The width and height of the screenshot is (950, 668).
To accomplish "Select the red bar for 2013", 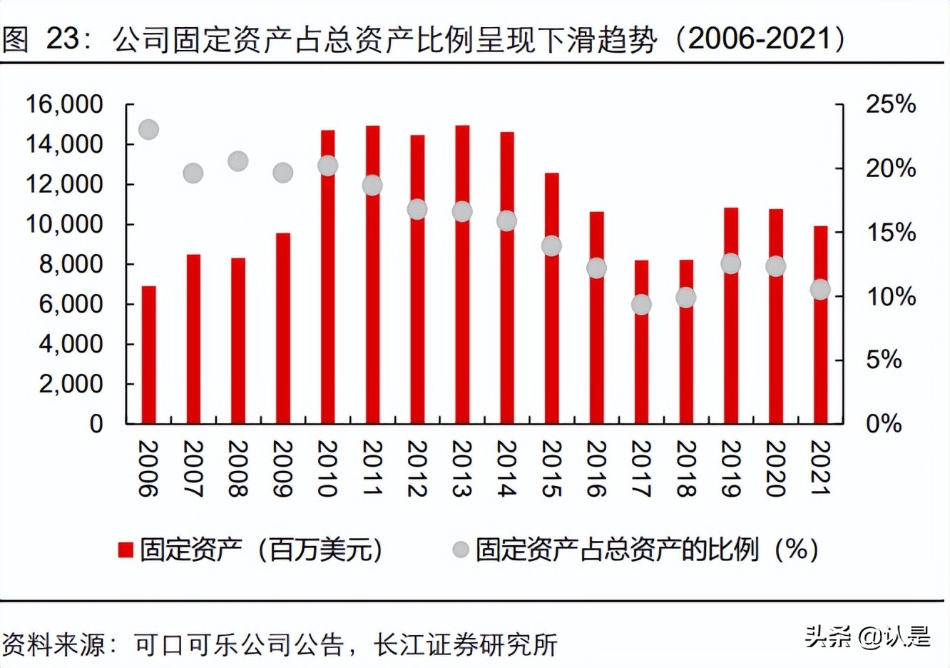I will pyautogui.click(x=462, y=275).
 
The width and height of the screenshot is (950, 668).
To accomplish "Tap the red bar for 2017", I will pyautogui.click(x=641, y=342).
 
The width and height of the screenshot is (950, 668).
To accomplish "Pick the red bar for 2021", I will pyautogui.click(x=820, y=325).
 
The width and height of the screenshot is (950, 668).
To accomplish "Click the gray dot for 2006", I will pyautogui.click(x=148, y=130).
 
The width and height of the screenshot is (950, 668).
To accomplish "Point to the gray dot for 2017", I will pyautogui.click(x=641, y=305).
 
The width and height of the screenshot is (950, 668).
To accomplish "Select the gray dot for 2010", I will pyautogui.click(x=327, y=166).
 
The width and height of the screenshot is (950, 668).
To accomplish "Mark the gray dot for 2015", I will pyautogui.click(x=551, y=246).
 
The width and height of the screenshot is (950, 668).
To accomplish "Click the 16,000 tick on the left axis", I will pyautogui.click(x=64, y=105).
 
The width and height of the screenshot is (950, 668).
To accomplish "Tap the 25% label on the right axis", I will pyautogui.click(x=890, y=105).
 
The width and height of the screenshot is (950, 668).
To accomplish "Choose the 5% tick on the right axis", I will pyautogui.click(x=884, y=360).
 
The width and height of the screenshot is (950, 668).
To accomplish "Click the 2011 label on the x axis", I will pyautogui.click(x=372, y=468).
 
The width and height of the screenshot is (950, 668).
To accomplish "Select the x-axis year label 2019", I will pyautogui.click(x=730, y=468).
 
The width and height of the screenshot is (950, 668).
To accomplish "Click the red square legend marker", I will pyautogui.click(x=126, y=550).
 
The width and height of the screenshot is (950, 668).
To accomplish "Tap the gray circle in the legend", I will pyautogui.click(x=461, y=550).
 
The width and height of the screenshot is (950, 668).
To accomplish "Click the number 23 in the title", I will pyautogui.click(x=63, y=39).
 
